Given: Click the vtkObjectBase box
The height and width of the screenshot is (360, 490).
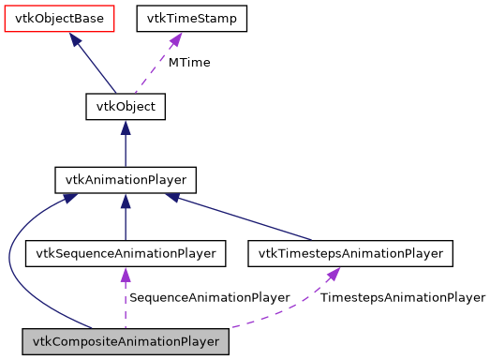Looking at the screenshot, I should click(x=59, y=18).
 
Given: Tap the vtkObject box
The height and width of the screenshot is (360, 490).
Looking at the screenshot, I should click(x=126, y=107).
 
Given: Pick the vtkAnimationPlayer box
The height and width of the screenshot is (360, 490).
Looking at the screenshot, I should click(x=126, y=178).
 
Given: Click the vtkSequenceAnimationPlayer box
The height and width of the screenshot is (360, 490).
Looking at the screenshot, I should click(x=126, y=253).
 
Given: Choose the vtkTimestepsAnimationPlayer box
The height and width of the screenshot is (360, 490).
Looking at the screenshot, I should click(x=350, y=253).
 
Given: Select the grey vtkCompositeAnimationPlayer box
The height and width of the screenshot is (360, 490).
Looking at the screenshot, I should click(x=126, y=342).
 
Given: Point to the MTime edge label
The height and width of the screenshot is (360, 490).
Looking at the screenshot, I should click(x=189, y=63).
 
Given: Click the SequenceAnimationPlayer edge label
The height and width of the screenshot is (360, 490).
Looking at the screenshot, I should click(x=209, y=298).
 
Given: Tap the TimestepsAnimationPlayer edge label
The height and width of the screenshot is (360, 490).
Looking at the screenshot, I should click(x=403, y=298).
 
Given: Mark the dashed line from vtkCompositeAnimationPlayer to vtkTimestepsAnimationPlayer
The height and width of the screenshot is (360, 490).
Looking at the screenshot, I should click(x=281, y=316).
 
